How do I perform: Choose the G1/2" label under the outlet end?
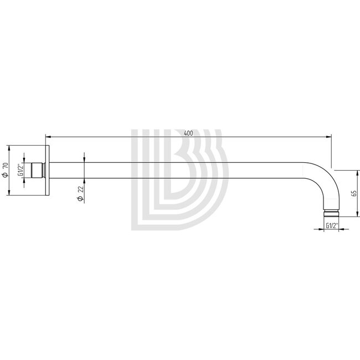point(332,225)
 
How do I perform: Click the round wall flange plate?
point(50,171)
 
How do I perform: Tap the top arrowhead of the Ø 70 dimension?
point(10,148)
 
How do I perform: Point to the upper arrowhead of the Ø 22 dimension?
point(84,159)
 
